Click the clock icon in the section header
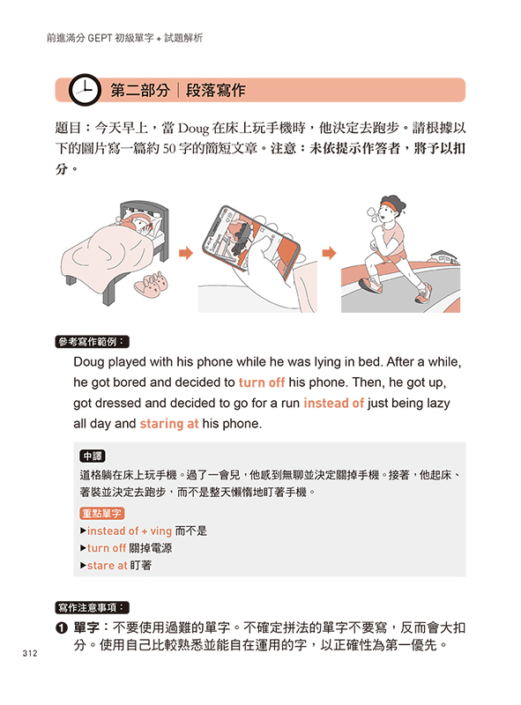[x=85, y=90]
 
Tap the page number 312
[x=30, y=653]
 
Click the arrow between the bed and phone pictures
[x=186, y=253]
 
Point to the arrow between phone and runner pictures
[x=330, y=253]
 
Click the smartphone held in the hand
[x=250, y=239]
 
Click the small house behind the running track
[x=444, y=257]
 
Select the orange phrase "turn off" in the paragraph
[x=262, y=382]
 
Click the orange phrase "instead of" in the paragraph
[x=333, y=403]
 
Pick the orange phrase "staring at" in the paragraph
[x=169, y=424]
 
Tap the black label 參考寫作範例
[x=93, y=342]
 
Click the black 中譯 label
[x=93, y=456]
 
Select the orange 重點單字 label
[x=102, y=513]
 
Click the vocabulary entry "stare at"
[x=107, y=565]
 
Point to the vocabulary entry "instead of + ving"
[x=129, y=531]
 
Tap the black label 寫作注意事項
[x=93, y=607]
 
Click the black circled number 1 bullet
[x=61, y=628]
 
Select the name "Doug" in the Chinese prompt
[x=194, y=129]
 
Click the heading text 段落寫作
[x=215, y=91]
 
